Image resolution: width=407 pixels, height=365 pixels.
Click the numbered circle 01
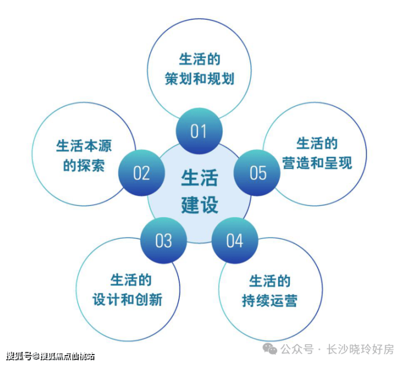[199, 131]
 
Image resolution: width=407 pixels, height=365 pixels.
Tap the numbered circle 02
[141, 173]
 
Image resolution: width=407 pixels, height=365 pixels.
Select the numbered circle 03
[163, 241]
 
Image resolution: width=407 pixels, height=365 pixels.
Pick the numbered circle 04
[234, 241]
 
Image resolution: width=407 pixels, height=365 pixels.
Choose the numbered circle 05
[258, 173]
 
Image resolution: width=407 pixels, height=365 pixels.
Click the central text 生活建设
[199, 190]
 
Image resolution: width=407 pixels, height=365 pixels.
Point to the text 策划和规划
[199, 79]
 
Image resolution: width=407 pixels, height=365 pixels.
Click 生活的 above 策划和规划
[199, 59]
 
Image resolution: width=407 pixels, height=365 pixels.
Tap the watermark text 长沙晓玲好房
[360, 350]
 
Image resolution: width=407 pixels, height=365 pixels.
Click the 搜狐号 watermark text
[18, 356]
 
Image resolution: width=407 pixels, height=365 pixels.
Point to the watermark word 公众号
[298, 350]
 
